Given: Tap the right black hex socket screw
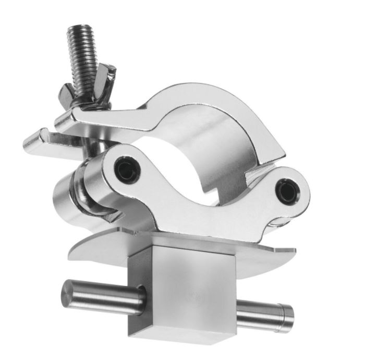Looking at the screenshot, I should pyautogui.click(x=287, y=191).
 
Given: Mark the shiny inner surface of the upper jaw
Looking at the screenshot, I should pyautogui.click(x=229, y=151).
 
